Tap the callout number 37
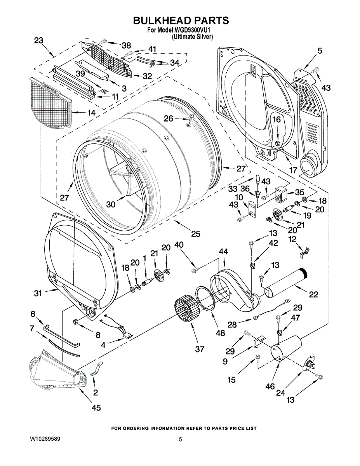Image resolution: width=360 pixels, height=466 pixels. (x=200, y=349)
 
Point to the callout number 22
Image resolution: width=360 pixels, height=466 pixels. (x=313, y=295)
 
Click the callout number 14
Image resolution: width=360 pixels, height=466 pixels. (x=91, y=113)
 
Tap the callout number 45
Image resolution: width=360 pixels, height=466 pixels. (x=96, y=407)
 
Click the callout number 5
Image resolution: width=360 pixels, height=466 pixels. (x=320, y=50)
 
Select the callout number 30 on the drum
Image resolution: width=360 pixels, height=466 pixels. (x=111, y=204)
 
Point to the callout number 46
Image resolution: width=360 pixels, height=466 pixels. (x=270, y=386)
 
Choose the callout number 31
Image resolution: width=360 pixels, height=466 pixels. (x=37, y=294)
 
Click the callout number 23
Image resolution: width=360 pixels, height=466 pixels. (x=38, y=40)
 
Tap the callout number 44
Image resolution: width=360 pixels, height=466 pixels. (x=223, y=252)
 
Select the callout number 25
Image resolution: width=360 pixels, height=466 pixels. (x=195, y=234)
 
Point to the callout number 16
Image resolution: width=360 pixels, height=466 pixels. (x=276, y=120)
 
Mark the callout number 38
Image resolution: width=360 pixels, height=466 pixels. (x=126, y=45)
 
